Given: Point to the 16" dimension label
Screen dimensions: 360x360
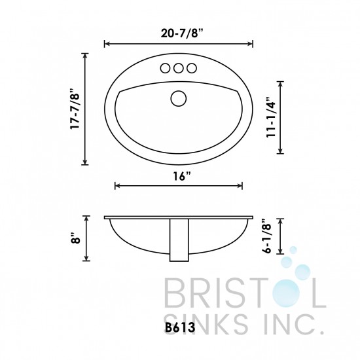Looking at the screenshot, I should coord(179,176).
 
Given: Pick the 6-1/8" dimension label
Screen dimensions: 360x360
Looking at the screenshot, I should coord(266,236).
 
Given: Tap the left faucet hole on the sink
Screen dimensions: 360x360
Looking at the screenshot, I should coord(164,67).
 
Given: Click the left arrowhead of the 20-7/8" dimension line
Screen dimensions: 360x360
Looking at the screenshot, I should coord(107,44).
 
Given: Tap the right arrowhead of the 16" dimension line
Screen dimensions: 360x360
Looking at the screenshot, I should coord(240,186).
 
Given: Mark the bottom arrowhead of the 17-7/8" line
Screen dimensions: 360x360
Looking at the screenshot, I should coord(86,163).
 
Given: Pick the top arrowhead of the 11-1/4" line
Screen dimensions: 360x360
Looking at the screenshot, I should coord(281,82).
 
